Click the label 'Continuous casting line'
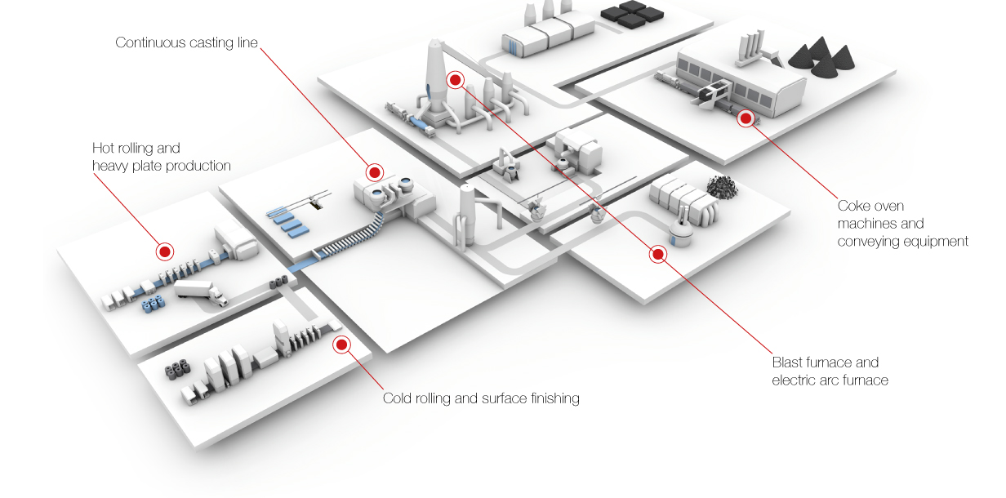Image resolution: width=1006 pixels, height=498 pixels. pyautogui.click(x=186, y=42)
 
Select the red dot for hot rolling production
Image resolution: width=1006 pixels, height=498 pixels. pyautogui.click(x=165, y=251)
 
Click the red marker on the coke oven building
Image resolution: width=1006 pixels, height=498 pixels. pyautogui.click(x=746, y=118)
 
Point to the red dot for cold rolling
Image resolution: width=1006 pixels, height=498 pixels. pyautogui.click(x=342, y=345)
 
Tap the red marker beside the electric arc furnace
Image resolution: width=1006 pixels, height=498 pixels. pyautogui.click(x=658, y=254)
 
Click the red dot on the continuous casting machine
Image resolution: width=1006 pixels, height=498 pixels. pyautogui.click(x=375, y=172)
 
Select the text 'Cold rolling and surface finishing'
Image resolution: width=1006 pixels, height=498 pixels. pyautogui.click(x=481, y=398)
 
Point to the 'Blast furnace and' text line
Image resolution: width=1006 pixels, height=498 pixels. pyautogui.click(x=825, y=362)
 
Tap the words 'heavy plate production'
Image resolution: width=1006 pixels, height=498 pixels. pyautogui.click(x=162, y=166)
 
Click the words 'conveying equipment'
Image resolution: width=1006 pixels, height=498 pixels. pyautogui.click(x=902, y=241)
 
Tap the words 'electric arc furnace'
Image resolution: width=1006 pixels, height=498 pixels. pyautogui.click(x=830, y=380)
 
